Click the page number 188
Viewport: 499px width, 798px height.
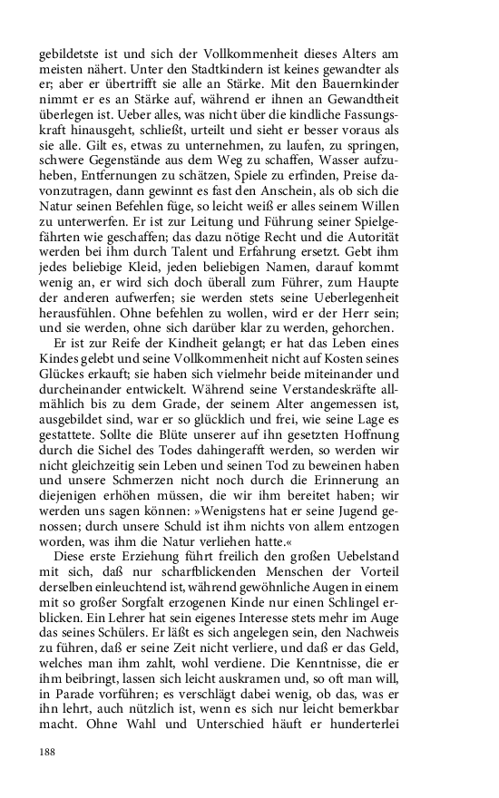48,752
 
